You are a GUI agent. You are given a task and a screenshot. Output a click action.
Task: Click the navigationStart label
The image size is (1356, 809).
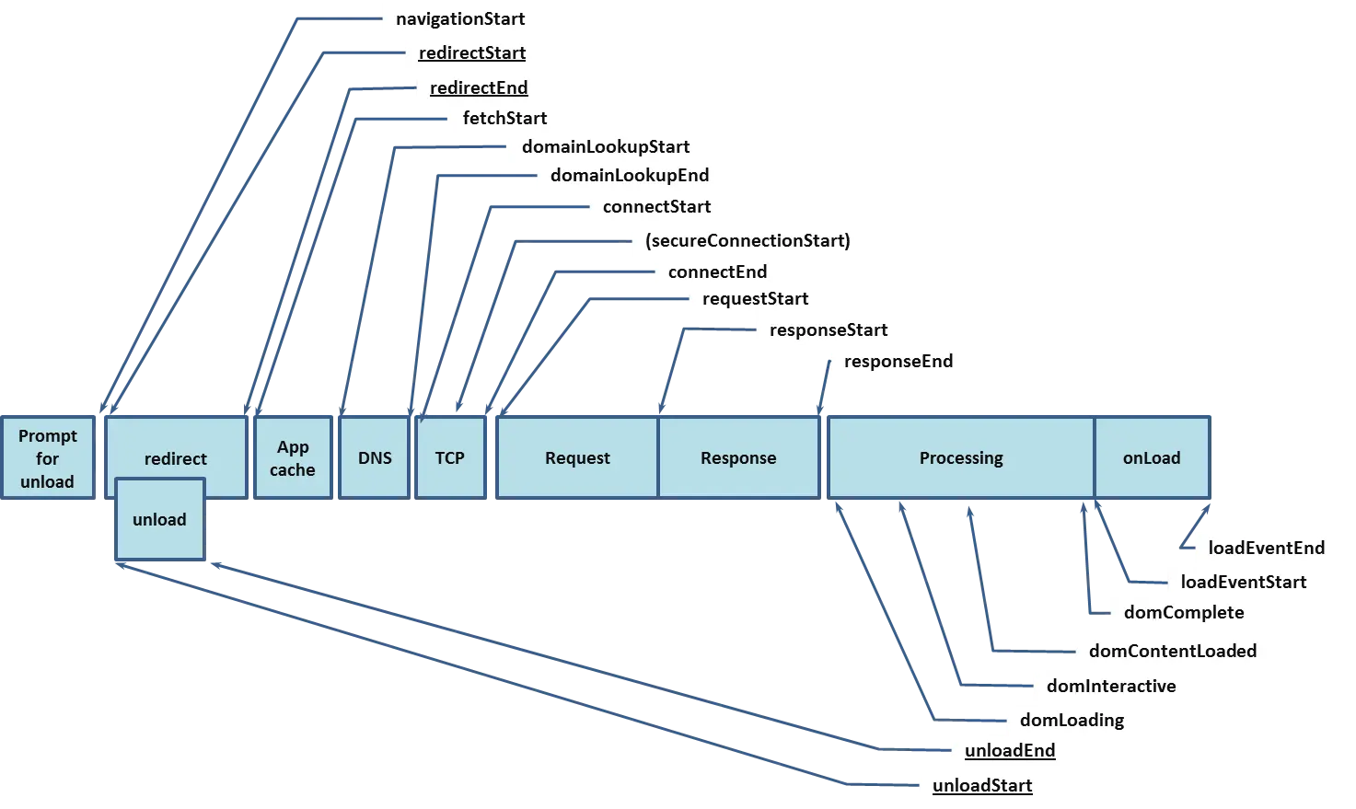[460, 18]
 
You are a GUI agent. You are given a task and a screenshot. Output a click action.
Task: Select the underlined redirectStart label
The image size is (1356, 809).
[472, 53]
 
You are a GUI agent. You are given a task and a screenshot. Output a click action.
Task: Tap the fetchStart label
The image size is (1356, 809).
[504, 118]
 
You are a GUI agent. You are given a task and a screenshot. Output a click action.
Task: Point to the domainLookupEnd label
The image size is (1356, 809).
[630, 175]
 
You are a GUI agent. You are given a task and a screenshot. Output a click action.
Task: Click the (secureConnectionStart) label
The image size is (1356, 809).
[748, 240]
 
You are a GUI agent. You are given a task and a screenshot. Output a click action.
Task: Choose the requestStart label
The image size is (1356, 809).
[755, 298]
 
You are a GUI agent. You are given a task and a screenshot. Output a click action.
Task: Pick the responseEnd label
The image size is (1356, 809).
[898, 361]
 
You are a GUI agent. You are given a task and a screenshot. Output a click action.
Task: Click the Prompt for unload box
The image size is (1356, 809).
[47, 458]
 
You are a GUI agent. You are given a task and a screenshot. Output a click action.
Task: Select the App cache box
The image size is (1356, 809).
[293, 458]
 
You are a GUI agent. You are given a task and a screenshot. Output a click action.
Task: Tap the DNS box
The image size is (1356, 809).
[375, 458]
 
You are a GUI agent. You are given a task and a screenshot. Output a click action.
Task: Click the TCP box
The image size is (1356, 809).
[449, 458]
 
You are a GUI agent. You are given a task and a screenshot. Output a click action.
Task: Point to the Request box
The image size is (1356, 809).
[577, 458]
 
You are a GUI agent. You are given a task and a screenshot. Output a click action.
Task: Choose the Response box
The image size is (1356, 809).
[738, 458]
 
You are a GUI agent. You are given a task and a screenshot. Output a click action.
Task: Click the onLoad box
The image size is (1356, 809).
[1152, 458]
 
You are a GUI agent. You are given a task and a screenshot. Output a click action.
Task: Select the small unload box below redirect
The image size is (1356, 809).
[159, 520]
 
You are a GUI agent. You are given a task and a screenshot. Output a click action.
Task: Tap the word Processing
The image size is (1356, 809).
[961, 458]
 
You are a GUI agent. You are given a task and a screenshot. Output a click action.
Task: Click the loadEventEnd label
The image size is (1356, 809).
[1267, 548]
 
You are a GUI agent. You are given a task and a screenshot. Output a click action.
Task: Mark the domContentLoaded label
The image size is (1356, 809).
[1173, 651]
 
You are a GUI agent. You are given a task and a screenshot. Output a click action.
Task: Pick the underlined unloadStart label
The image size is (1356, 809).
[982, 785]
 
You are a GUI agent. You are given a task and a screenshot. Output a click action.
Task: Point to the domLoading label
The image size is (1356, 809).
[1072, 720]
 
